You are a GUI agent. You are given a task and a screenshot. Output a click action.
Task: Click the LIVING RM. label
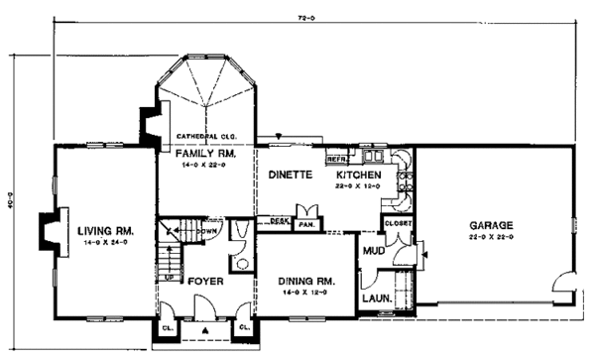coord(105,231)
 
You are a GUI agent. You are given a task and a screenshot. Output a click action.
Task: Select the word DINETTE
coord(291,175)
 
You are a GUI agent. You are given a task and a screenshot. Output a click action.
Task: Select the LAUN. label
coord(374,298)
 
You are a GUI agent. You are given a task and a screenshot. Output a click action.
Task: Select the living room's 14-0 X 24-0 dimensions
coord(105,244)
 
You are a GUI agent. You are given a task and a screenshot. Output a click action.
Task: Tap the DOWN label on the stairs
coord(208,232)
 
